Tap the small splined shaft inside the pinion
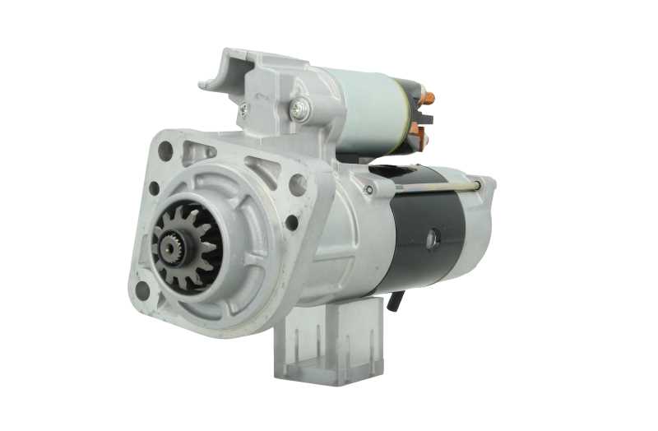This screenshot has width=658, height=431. point(171,244)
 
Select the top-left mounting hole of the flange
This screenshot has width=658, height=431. point(165,151)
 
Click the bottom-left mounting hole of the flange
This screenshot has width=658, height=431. point(142,290)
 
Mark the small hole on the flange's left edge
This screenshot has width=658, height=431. point(154,188)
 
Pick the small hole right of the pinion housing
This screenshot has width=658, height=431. point(291,221)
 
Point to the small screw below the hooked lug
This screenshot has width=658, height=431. point(243,107)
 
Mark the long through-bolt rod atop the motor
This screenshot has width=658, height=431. point(436,187)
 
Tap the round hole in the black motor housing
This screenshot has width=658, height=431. point(433,239)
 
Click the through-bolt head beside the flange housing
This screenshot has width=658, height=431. point(368,190)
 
